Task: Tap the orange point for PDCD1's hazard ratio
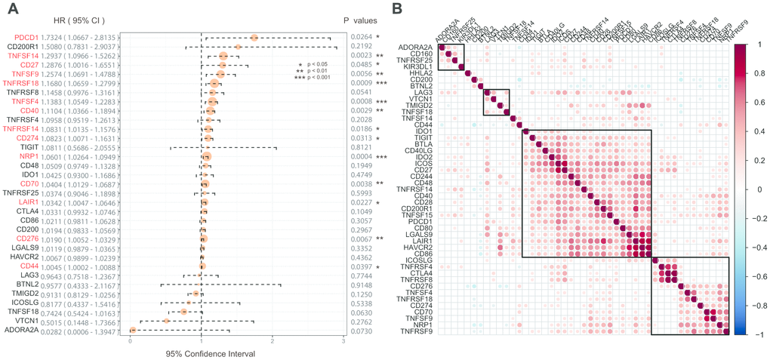tap(254, 38)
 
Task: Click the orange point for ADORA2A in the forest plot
tap(133, 329)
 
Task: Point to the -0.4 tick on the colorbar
tap(753, 247)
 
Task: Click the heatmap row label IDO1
tap(426, 131)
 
